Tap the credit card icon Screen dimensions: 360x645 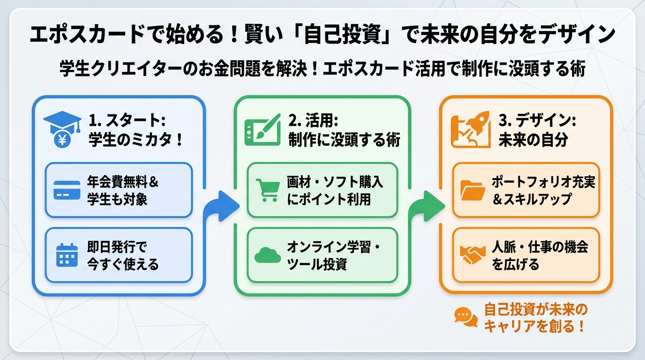click(x=67, y=190)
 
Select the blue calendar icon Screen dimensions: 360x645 click(x=67, y=255)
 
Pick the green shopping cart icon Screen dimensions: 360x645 click(x=267, y=190)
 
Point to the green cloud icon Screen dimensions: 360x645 click(x=267, y=255)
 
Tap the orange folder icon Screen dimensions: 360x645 click(x=472, y=190)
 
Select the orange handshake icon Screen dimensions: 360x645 click(x=472, y=255)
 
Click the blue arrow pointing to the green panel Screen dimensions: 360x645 click(x=219, y=205)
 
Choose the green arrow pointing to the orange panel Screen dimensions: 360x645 click(x=425, y=205)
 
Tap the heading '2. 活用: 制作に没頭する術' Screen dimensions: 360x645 click(x=344, y=131)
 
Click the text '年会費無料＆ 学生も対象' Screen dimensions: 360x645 click(x=123, y=190)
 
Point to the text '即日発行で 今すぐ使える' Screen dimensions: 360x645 click(x=123, y=255)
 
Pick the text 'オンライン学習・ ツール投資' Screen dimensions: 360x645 click(x=334, y=255)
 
